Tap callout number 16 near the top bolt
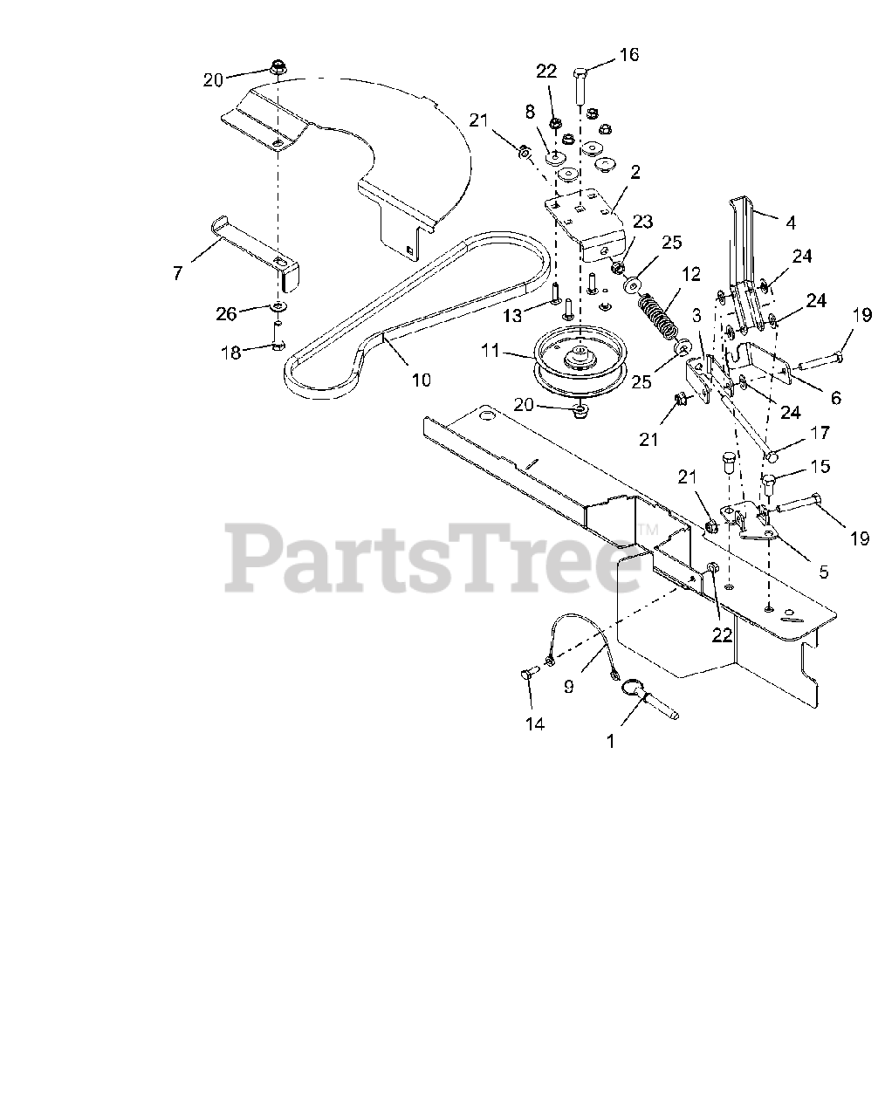click(629, 55)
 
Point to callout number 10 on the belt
click(421, 380)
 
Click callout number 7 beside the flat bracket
click(178, 273)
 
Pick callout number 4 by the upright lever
click(790, 223)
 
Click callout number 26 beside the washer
click(226, 313)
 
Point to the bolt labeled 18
click(278, 346)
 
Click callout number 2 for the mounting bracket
click(635, 173)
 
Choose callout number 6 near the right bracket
click(835, 397)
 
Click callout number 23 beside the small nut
click(643, 222)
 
